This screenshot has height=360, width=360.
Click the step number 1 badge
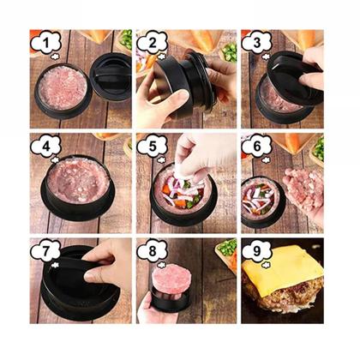46,43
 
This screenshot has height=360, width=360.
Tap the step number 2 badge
152,43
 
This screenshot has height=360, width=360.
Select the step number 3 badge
257,43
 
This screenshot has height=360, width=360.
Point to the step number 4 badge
46,147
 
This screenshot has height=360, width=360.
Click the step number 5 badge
152,147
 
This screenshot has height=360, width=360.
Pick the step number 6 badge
257,147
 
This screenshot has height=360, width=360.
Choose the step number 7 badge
46,251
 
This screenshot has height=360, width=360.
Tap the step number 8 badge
152,251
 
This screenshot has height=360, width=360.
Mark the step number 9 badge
257,251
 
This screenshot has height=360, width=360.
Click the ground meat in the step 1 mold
63,87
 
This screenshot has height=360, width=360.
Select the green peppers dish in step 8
227,251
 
